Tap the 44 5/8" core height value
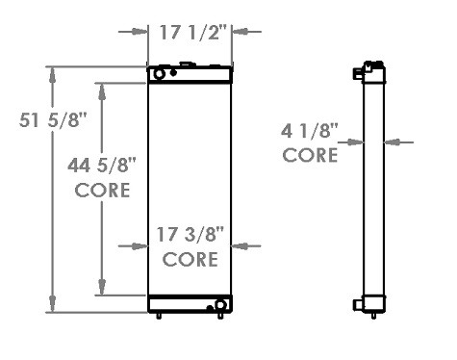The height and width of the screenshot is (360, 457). click(x=103, y=166)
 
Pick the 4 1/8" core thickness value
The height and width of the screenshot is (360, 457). click(x=310, y=130)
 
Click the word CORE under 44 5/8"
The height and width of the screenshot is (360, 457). click(x=103, y=190)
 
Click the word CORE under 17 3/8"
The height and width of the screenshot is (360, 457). click(x=190, y=259)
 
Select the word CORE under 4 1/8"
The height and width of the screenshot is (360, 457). click(x=310, y=154)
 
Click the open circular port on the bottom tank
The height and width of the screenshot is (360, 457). click(x=220, y=305)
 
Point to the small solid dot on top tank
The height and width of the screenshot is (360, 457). click(x=173, y=72)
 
